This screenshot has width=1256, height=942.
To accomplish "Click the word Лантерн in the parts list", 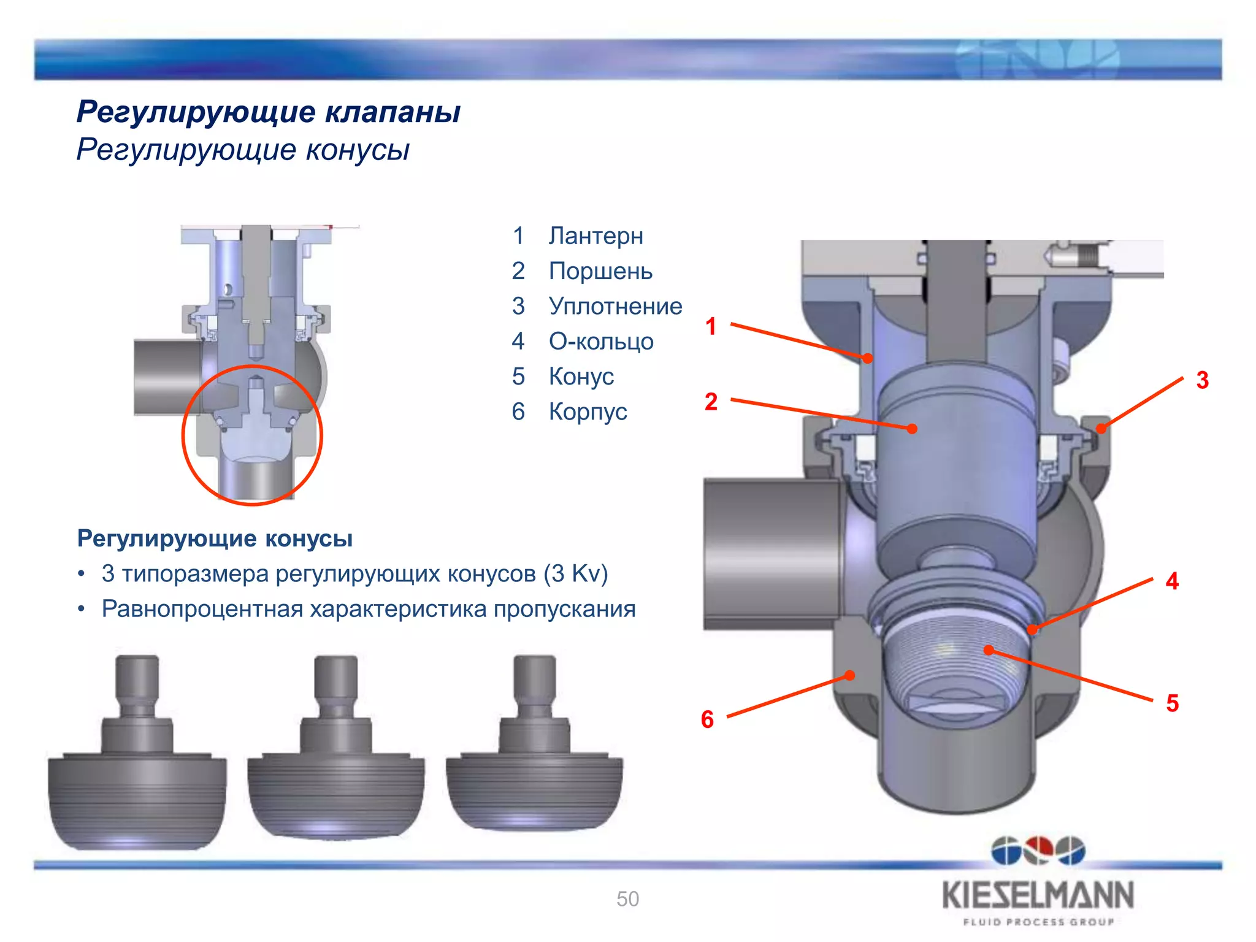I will (x=595, y=236).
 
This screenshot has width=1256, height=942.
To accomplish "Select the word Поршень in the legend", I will (x=600, y=271).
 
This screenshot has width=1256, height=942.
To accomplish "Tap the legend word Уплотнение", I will (x=615, y=306).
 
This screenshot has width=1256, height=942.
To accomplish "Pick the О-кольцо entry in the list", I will (x=601, y=341).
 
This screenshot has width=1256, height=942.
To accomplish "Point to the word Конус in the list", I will (x=581, y=377).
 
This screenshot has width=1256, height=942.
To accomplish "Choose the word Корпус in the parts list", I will (x=588, y=412).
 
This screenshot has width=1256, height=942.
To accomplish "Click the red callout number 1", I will (x=711, y=326).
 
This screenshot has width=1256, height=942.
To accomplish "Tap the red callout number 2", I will (x=711, y=402).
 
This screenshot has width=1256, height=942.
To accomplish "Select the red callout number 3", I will (x=1202, y=380).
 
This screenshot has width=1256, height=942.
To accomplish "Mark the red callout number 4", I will (x=1172, y=581).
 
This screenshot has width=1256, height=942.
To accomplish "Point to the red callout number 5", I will (x=1172, y=703).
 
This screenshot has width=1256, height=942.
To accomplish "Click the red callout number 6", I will (x=707, y=719).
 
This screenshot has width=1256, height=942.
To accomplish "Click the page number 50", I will (x=627, y=899).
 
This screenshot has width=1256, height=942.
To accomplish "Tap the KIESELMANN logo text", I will (x=1038, y=896).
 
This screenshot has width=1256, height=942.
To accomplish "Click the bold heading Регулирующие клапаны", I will (x=269, y=112).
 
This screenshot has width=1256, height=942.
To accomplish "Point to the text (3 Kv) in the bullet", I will (x=575, y=574).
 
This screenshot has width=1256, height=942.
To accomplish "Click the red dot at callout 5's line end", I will (x=989, y=649).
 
